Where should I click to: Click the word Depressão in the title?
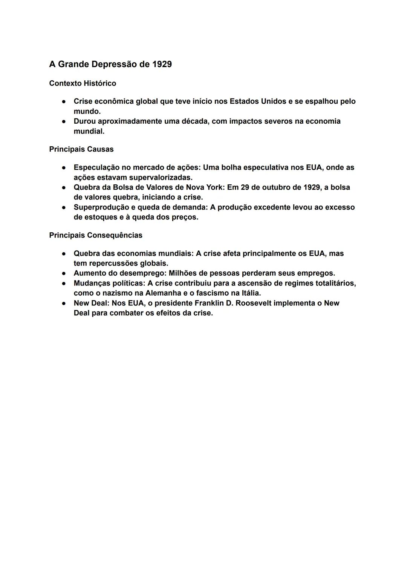coord(114,64)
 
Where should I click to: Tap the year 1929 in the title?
coord(162,64)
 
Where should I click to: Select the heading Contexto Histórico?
coord(83,83)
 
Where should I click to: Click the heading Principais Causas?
coord(81,149)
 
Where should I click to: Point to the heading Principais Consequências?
coord(96,235)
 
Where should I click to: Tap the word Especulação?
coord(96,167)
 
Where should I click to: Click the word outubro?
coord(270,187)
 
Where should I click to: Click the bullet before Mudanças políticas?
coord(64,283)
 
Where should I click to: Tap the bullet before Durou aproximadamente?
coord(64,121)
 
